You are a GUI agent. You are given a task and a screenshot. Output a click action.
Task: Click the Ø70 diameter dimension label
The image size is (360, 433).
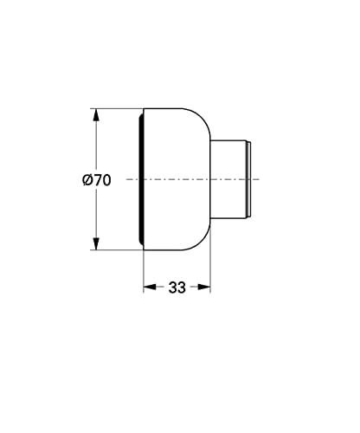(x=96, y=180)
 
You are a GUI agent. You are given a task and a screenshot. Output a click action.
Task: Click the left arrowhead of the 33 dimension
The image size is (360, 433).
(x=148, y=287)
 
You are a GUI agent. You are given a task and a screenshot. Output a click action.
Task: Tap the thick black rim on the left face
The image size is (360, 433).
(x=139, y=179)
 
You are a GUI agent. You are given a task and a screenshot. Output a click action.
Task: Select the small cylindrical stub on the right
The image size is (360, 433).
(x=231, y=179)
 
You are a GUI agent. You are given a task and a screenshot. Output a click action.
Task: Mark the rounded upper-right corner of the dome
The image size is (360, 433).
(x=202, y=121)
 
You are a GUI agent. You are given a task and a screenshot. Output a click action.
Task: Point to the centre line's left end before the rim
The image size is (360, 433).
(x=128, y=179)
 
